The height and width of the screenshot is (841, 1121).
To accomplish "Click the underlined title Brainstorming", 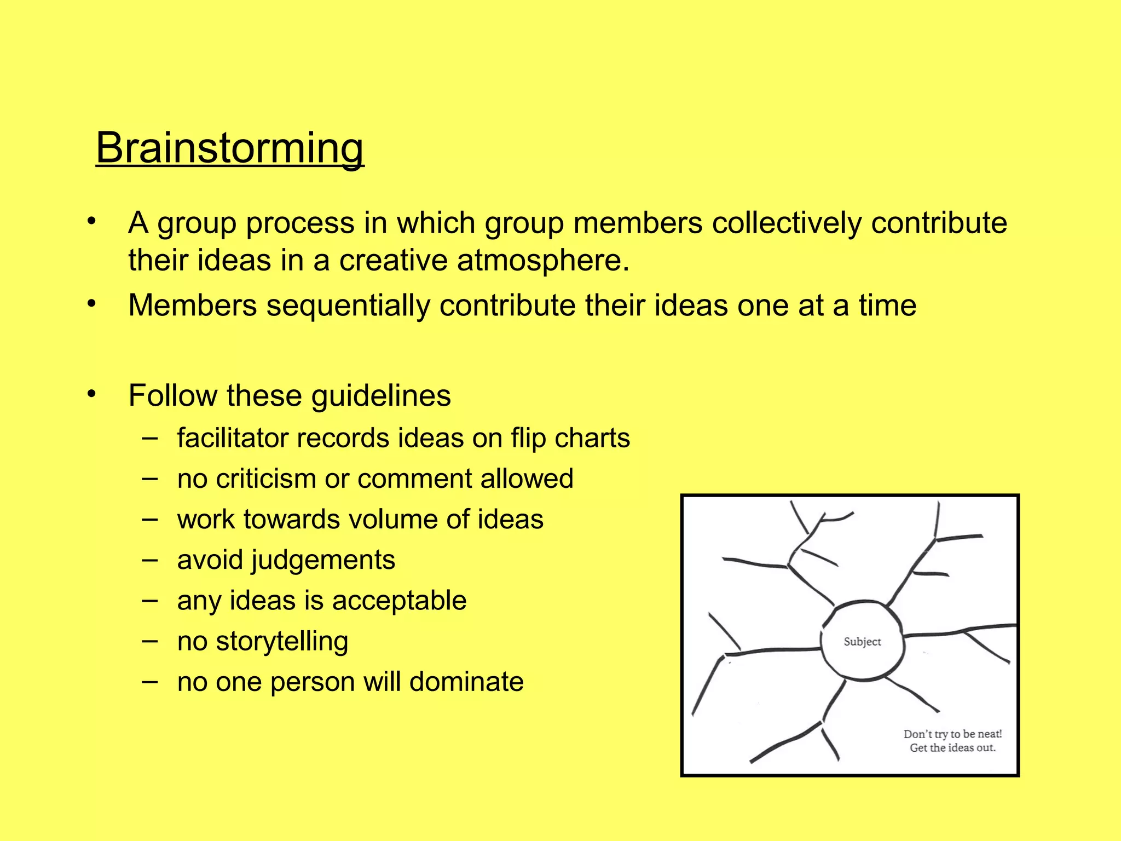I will click(230, 148).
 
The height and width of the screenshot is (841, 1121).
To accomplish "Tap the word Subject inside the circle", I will click(862, 642).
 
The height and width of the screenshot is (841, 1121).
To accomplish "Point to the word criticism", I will click(265, 479).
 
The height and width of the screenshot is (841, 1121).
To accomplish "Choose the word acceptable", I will click(399, 601).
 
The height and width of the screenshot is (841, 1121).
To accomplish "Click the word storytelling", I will click(282, 642).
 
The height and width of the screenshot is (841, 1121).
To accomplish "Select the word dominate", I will click(466, 682).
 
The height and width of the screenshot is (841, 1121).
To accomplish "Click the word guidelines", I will click(381, 396).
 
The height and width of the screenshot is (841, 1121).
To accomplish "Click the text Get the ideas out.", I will click(952, 748).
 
